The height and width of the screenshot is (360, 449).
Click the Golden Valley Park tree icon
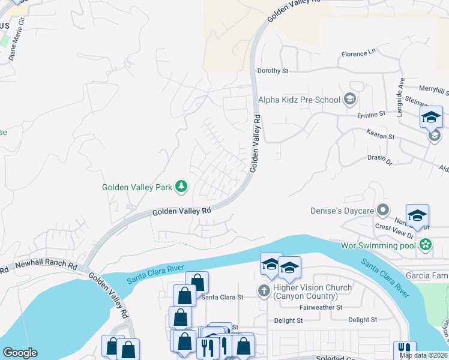click(181, 188)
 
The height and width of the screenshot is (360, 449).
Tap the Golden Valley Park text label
click(136, 188)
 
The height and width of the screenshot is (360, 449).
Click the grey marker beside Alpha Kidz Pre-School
click(350, 99)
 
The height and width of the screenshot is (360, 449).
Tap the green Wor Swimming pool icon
click(426, 245)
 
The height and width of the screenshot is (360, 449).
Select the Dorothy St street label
click(273, 71)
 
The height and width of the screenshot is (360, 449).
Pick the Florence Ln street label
click(358, 54)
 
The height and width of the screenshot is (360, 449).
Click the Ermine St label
click(372, 114)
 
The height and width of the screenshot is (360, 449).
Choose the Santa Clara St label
click(221, 297)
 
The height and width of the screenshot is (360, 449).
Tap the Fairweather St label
click(320, 307)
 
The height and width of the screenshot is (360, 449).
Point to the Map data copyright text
click(423, 355)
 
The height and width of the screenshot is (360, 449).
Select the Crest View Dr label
click(391, 227)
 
